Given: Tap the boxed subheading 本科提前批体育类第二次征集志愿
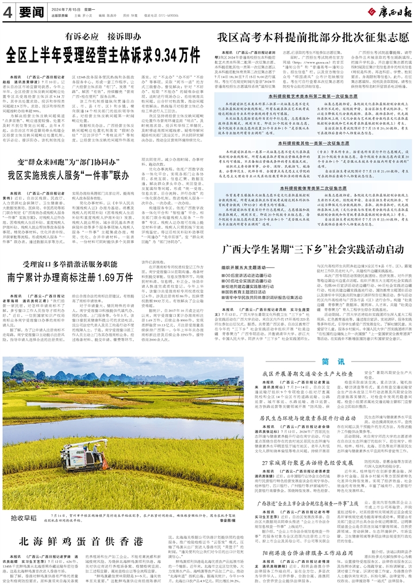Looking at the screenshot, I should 313,188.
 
